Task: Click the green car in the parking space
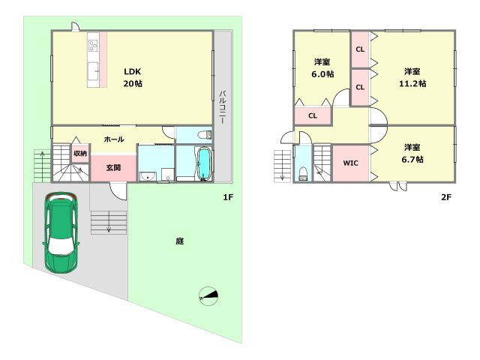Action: coord(61,232)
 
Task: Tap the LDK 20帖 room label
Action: coord(133,77)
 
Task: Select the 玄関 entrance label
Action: coord(113,167)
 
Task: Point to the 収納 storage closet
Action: coord(80,153)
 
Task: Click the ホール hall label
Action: coord(114,139)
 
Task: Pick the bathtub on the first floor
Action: coord(204,163)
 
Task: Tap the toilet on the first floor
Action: coord(204,135)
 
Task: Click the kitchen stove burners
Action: coord(93,46)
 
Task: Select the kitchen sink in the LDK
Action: coord(93,71)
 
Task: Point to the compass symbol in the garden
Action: coord(208,296)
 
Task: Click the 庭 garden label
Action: coord(180,241)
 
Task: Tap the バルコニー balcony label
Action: coord(223,106)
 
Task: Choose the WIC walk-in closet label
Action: coord(350,163)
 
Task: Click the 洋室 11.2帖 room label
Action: coord(412,77)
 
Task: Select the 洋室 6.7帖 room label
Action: coord(412,153)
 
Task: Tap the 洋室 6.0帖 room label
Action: coord(322,68)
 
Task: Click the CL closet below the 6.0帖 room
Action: coord(313,115)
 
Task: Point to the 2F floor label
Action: coord(446,197)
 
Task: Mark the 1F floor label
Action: coord(228,197)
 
